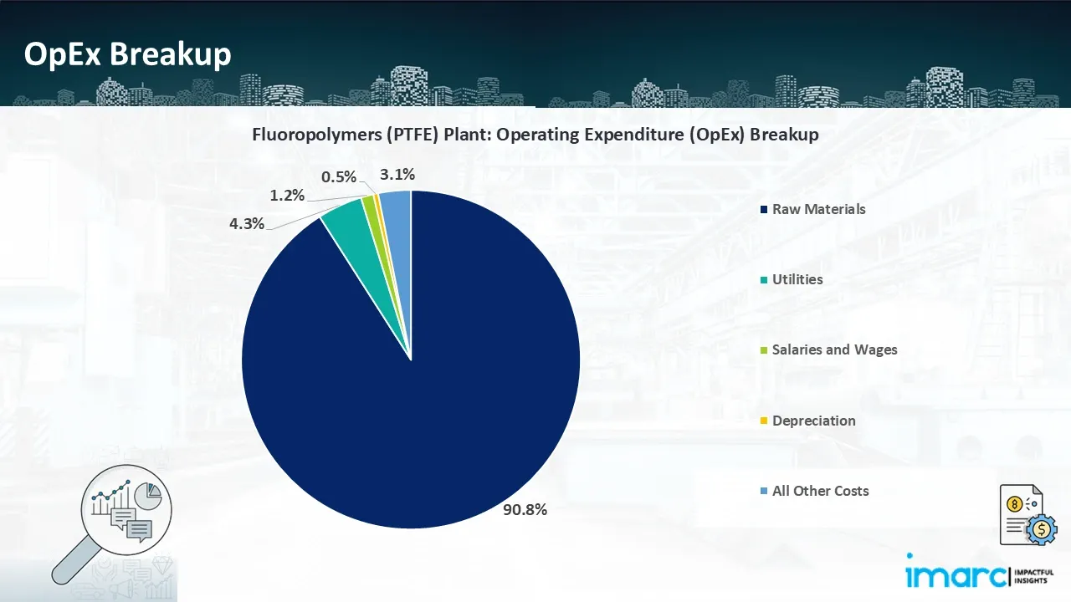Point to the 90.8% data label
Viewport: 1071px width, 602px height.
pyautogui.click(x=525, y=510)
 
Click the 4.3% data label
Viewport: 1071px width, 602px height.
pyautogui.click(x=247, y=223)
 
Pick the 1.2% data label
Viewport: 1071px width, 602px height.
pyautogui.click(x=287, y=195)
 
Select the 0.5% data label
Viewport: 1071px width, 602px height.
pyautogui.click(x=339, y=176)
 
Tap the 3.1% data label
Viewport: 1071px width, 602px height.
pyautogui.click(x=397, y=175)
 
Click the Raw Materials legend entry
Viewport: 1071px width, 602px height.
pyautogui.click(x=812, y=209)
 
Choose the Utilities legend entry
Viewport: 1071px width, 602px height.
pyautogui.click(x=792, y=279)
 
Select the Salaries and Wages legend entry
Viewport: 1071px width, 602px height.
pyautogui.click(x=828, y=349)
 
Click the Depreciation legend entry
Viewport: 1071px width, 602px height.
pyautogui.click(x=808, y=421)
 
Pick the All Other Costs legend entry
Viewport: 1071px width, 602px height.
pyautogui.click(x=815, y=491)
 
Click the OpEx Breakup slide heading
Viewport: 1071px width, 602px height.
pyautogui.click(x=128, y=54)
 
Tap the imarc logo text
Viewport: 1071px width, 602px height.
pyautogui.click(x=956, y=576)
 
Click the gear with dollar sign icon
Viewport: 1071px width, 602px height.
pyautogui.click(x=1042, y=529)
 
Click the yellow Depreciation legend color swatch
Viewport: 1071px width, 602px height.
pyautogui.click(x=764, y=421)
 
